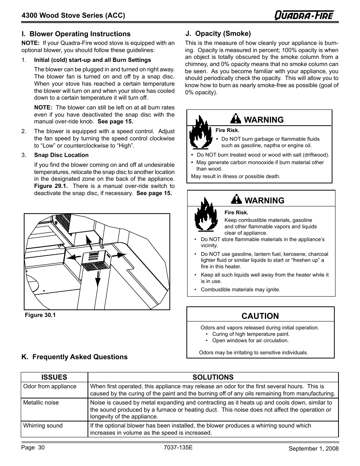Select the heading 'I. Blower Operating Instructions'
click(x=76, y=34)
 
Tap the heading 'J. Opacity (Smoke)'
click(x=218, y=34)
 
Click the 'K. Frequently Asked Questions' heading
click(x=74, y=357)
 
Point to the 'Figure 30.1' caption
click(x=40, y=315)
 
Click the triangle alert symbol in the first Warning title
click(x=235, y=119)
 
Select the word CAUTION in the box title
click(x=260, y=316)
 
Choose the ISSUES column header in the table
click(x=54, y=377)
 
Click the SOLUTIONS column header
click(x=213, y=377)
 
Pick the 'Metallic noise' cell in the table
click(x=41, y=403)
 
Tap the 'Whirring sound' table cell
click(x=43, y=426)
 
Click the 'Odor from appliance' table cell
click(x=49, y=386)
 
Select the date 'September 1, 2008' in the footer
click(x=314, y=448)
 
